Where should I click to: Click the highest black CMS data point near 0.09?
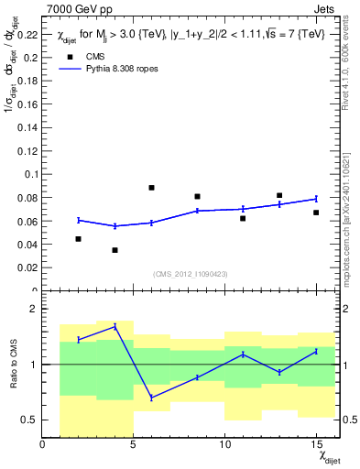coord(151,188)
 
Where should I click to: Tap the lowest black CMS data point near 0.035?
coord(115,250)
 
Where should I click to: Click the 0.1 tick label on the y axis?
coord(30,174)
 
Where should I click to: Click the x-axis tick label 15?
coord(315,445)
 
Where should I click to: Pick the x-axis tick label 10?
coord(224,445)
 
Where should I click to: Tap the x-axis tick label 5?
coord(134,445)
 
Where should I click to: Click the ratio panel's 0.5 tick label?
coord(30,420)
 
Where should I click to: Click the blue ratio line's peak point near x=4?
coord(115,326)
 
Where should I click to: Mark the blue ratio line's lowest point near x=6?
coord(151,398)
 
